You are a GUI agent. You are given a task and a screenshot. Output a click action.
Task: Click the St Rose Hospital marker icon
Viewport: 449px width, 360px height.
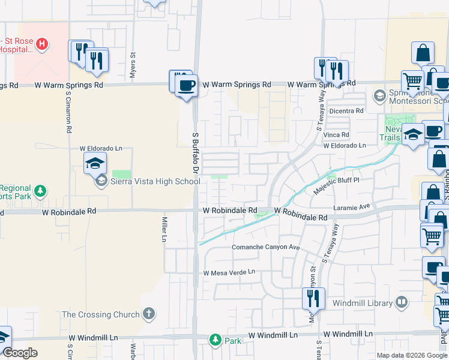click(42, 43)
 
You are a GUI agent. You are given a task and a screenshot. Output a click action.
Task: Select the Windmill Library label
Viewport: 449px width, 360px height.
click(362, 303)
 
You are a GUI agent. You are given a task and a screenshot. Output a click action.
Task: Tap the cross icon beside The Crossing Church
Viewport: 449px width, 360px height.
click(149, 314)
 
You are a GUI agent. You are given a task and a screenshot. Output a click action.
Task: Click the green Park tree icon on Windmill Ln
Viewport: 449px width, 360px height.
click(215, 340)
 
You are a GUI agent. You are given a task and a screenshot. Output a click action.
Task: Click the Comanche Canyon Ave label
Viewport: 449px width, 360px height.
click(266, 247)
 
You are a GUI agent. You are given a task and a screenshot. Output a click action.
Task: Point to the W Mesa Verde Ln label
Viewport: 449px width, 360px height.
click(229, 272)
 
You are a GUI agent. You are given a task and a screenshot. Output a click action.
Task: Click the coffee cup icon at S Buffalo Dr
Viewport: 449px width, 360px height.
click(186, 85)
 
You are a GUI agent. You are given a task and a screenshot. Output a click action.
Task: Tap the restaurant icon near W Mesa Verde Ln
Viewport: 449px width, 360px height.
click(313, 297)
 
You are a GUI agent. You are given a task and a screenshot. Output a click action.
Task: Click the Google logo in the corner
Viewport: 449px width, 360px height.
click(20, 353)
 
